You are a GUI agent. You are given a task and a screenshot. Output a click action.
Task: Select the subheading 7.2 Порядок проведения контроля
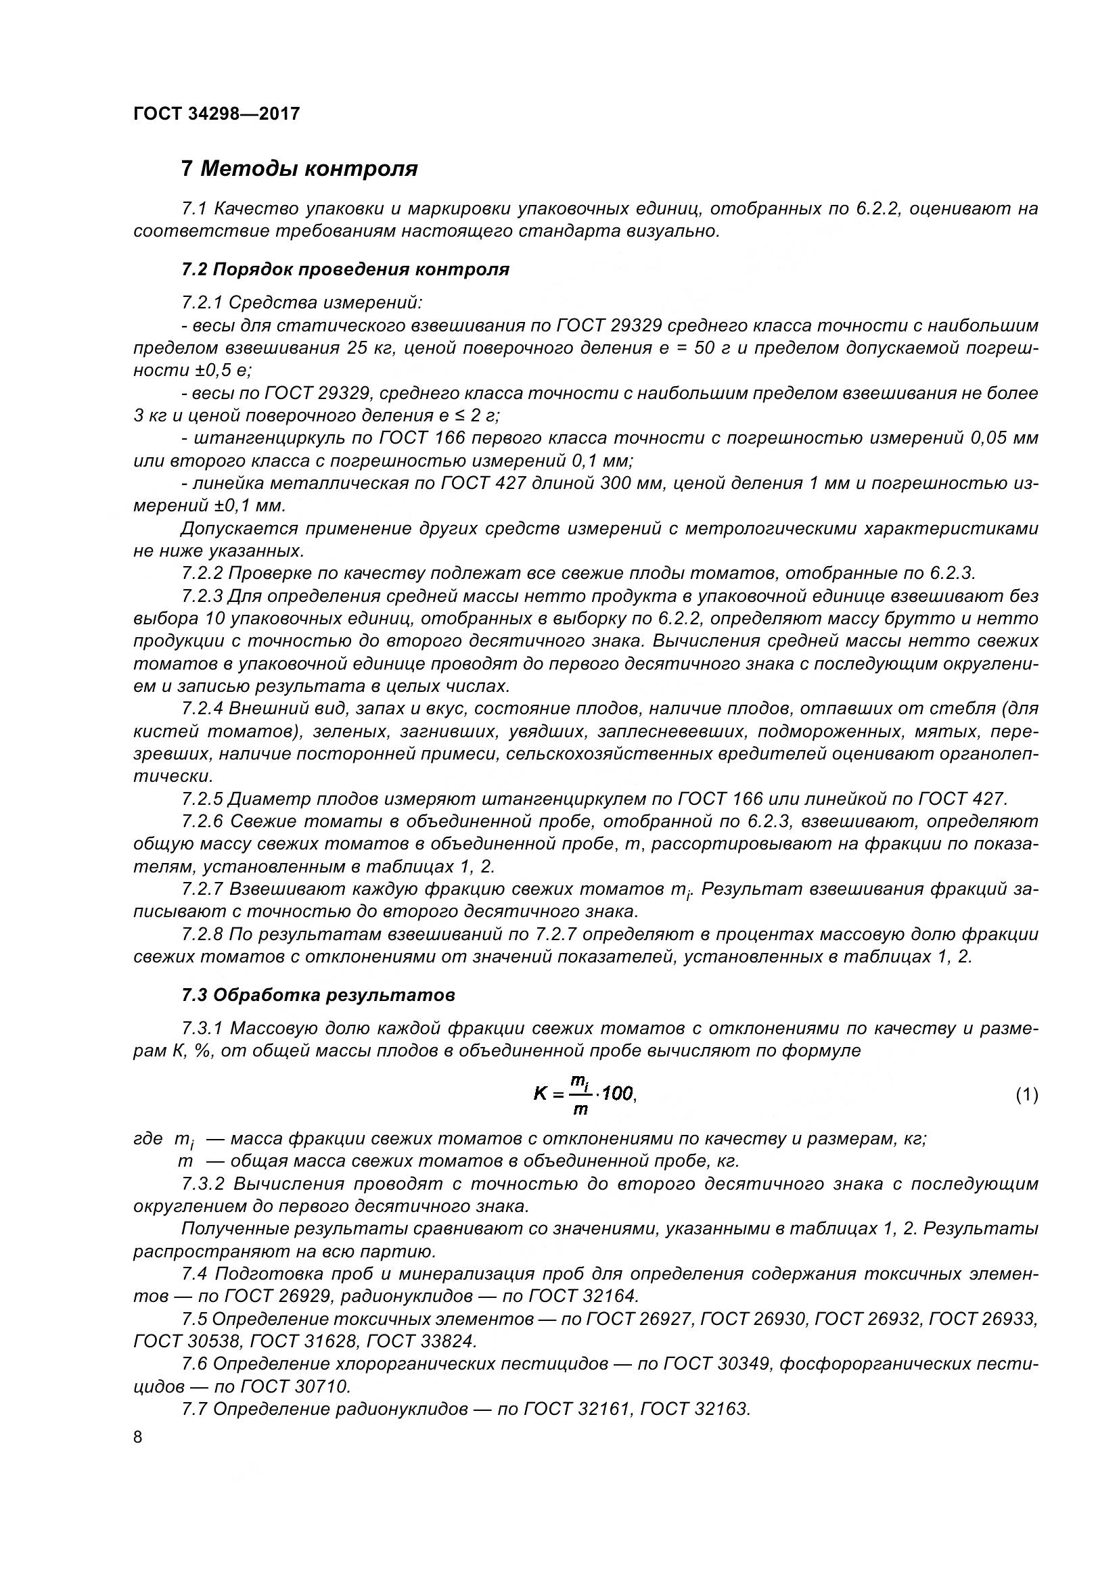(x=345, y=269)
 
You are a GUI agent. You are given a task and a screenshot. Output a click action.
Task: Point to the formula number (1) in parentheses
(x=1027, y=1095)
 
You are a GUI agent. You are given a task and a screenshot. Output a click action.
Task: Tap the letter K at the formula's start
(x=540, y=1094)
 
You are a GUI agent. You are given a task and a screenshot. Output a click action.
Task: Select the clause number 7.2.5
(x=202, y=799)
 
